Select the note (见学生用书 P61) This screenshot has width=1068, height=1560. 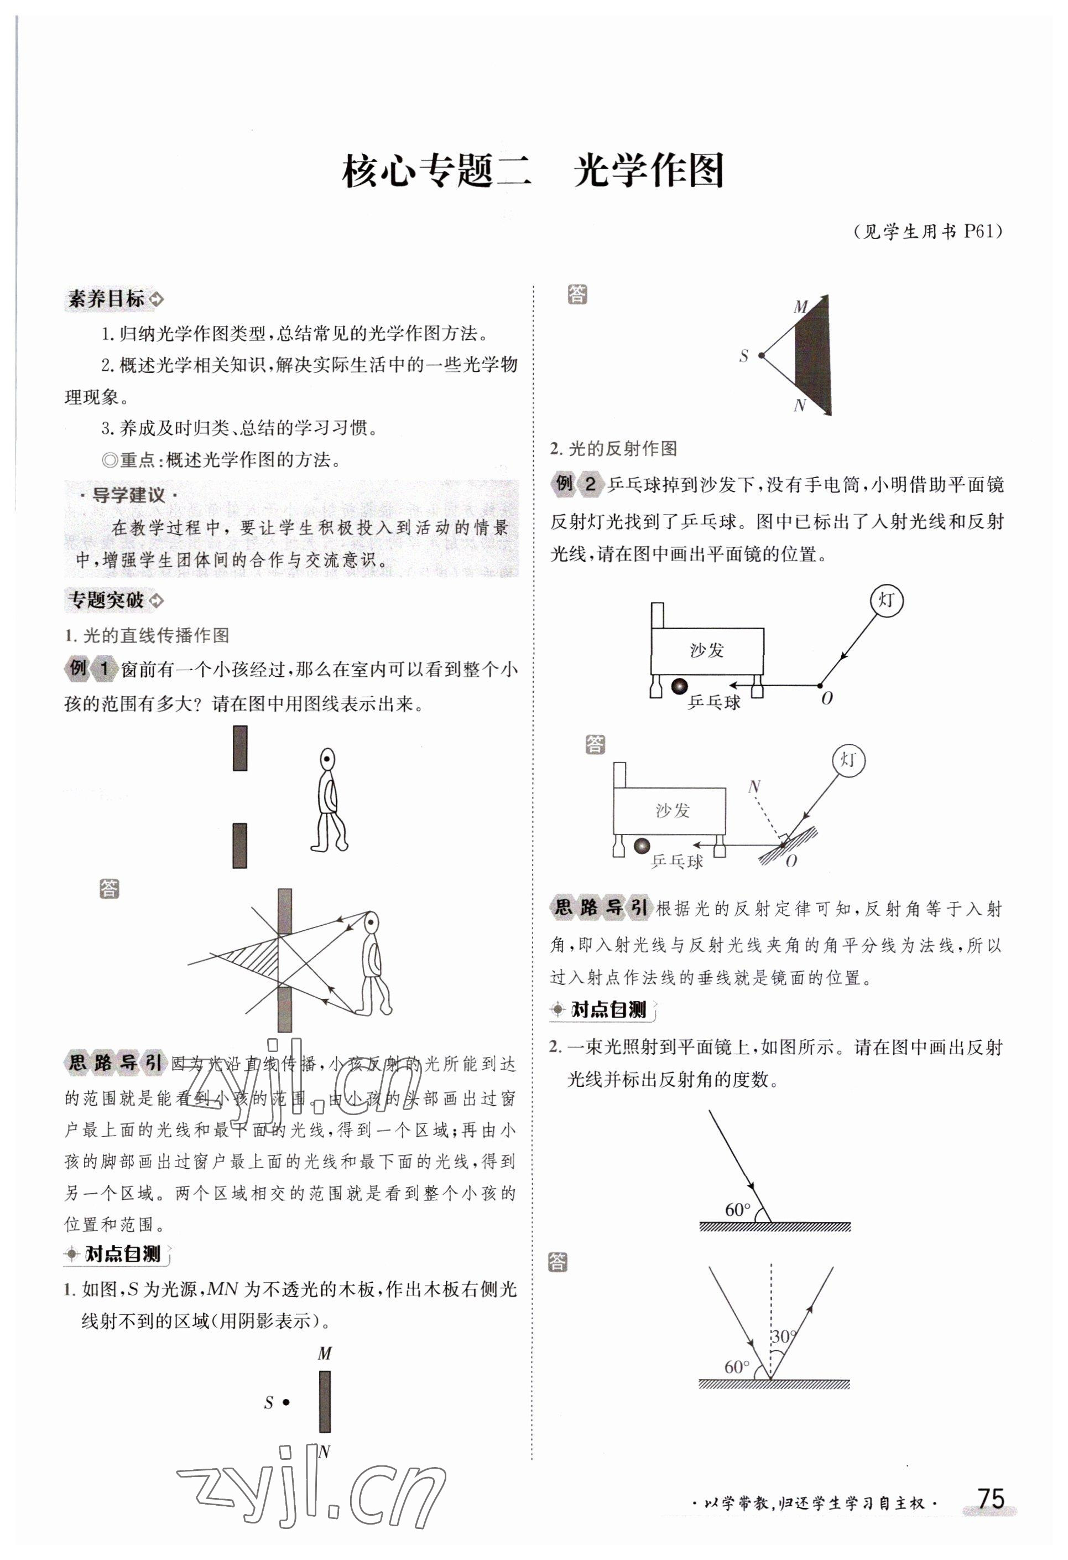tap(929, 231)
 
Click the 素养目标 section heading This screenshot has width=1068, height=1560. tap(107, 299)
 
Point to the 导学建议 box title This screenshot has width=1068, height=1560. tap(127, 495)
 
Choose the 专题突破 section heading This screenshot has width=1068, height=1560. tap(107, 599)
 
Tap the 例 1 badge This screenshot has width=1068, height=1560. tap(89, 668)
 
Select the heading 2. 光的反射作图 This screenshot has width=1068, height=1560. tap(613, 448)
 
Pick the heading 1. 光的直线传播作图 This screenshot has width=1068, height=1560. tap(147, 635)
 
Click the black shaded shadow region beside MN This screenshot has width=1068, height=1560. tap(812, 356)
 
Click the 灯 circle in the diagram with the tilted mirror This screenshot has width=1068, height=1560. tap(848, 760)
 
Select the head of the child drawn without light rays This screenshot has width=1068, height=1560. tap(327, 760)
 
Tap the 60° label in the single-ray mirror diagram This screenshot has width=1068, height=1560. tap(737, 1210)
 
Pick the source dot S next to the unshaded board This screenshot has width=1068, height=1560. tap(286, 1402)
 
